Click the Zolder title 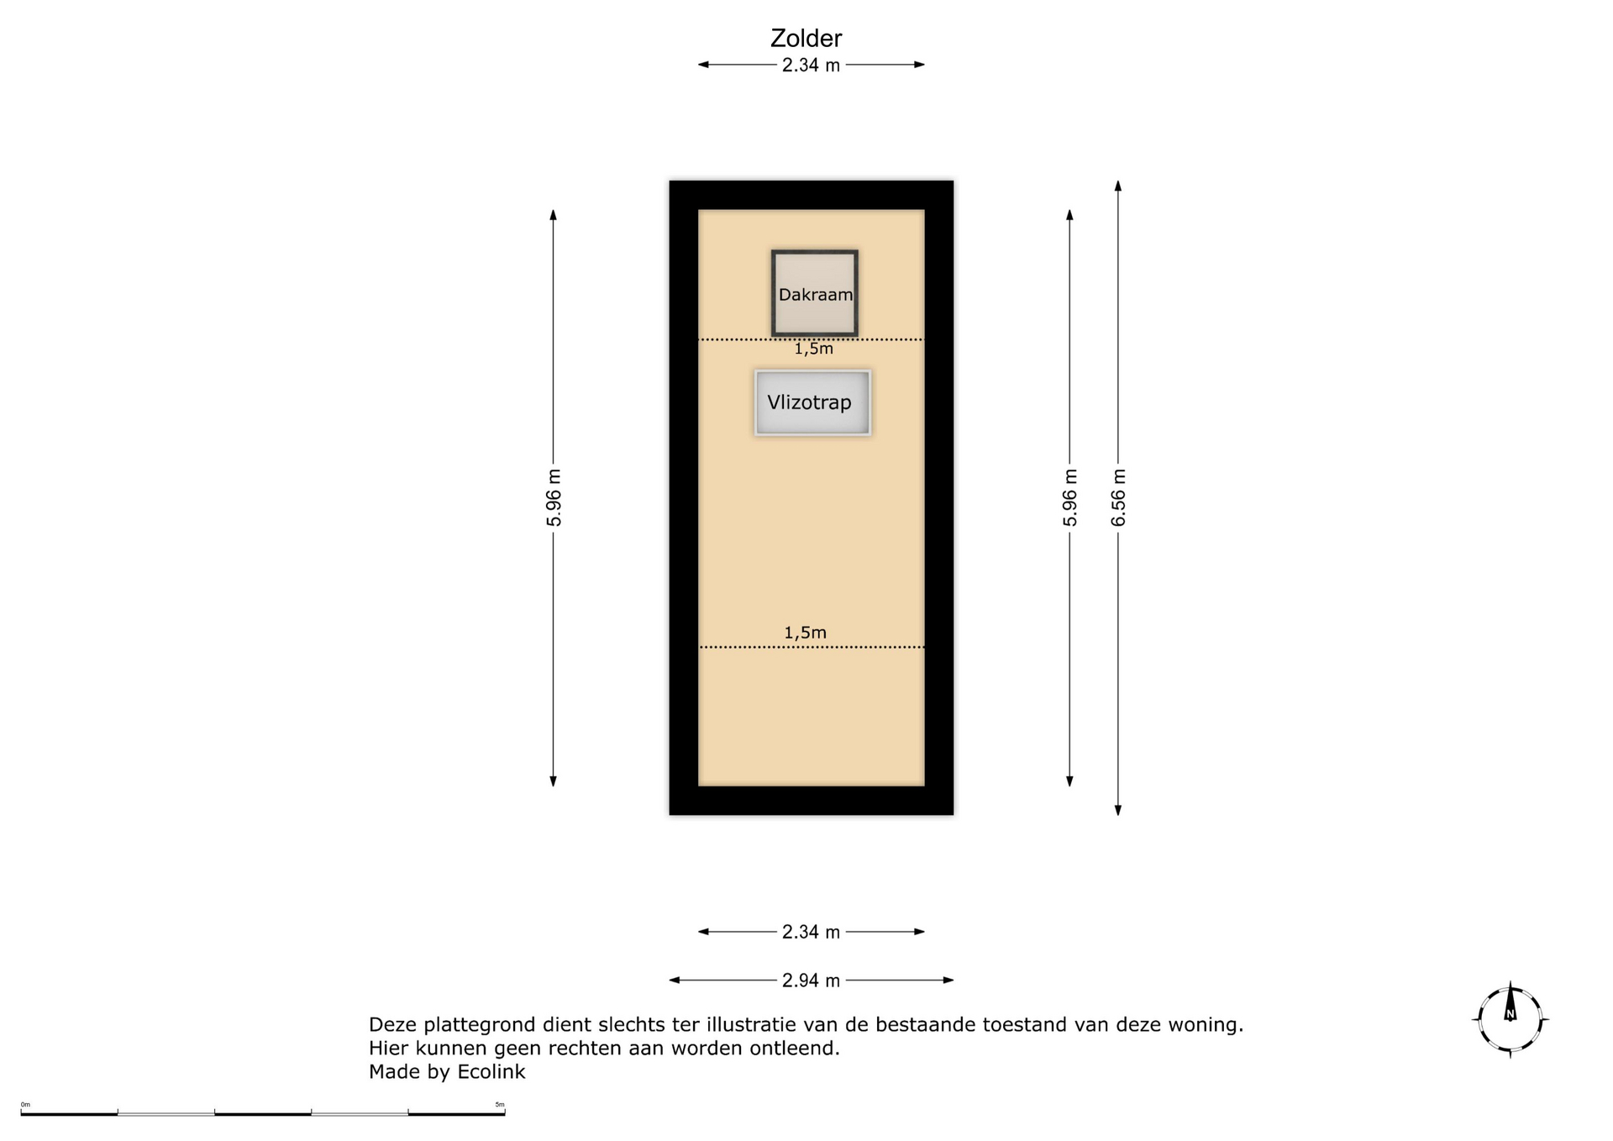click(x=806, y=38)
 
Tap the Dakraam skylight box click(x=814, y=293)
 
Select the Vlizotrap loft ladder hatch click(x=812, y=402)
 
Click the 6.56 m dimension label click(x=1118, y=497)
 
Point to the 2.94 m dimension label click(x=811, y=981)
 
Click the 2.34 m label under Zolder click(x=811, y=65)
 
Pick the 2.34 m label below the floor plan click(x=811, y=932)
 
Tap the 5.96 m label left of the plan click(x=554, y=497)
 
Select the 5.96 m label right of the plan click(x=1069, y=497)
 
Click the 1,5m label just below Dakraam click(x=814, y=349)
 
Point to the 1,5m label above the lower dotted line click(x=805, y=633)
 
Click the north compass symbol click(x=1511, y=1019)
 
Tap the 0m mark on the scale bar click(x=25, y=1105)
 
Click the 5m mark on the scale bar click(x=500, y=1105)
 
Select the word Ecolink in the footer click(x=491, y=1072)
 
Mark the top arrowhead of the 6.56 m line click(x=1118, y=186)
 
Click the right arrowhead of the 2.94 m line click(x=948, y=981)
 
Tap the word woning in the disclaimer click(x=1206, y=1025)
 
